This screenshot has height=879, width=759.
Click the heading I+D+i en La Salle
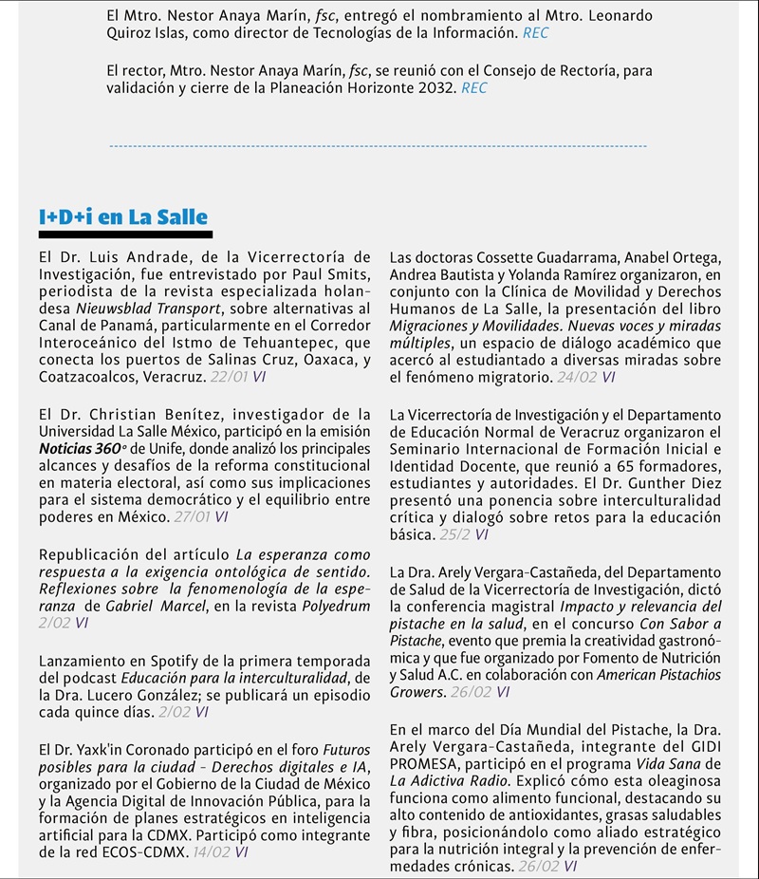pyautogui.click(x=123, y=217)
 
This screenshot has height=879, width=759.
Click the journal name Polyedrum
pyautogui.click(x=336, y=606)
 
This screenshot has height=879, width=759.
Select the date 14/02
pyautogui.click(x=212, y=852)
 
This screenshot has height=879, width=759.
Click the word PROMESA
pyautogui.click(x=421, y=763)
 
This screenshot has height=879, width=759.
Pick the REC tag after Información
pyautogui.click(x=535, y=33)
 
